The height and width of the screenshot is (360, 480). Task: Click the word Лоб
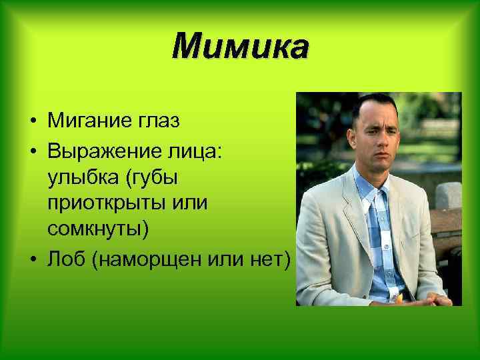pyautogui.click(x=67, y=259)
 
